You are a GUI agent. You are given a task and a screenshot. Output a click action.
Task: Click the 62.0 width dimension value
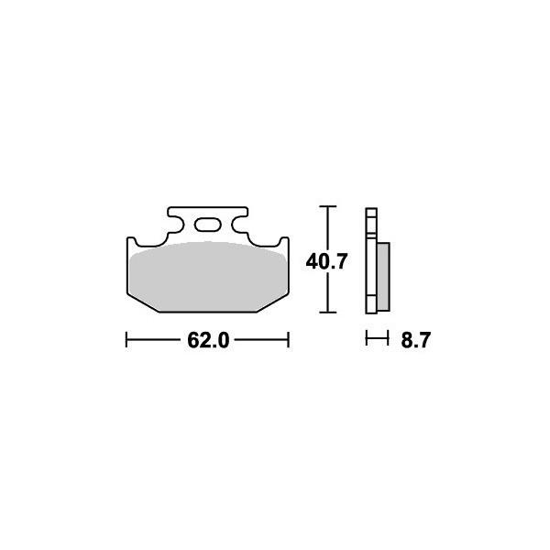click(x=207, y=342)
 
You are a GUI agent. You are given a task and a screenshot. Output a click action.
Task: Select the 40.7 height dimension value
click(x=326, y=262)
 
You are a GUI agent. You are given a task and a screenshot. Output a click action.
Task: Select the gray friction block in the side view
click(x=384, y=275)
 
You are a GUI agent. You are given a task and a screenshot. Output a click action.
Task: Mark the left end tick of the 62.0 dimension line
click(x=126, y=341)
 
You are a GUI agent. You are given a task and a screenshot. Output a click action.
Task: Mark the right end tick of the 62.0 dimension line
click(x=289, y=341)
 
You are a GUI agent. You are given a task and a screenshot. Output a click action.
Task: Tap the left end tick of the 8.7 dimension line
click(x=366, y=340)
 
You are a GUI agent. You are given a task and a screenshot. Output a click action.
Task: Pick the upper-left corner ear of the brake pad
click(x=130, y=242)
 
